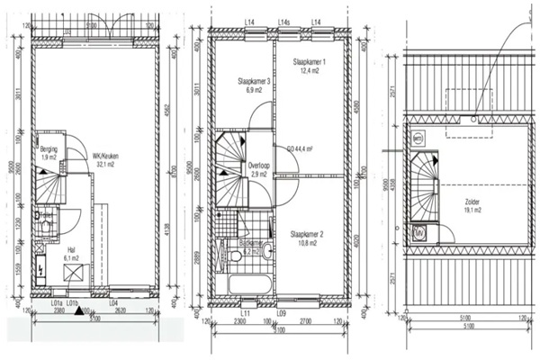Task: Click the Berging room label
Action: (x=48, y=149)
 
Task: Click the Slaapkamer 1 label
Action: (x=311, y=62)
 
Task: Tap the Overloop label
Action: (x=259, y=166)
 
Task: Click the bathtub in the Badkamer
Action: (x=250, y=288)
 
